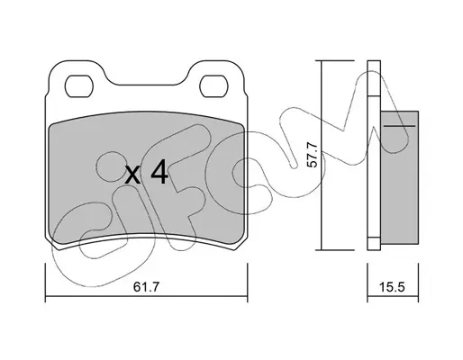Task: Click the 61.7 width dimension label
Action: tap(146, 287)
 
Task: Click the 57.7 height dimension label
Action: tap(313, 155)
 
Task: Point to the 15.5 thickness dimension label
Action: tap(393, 287)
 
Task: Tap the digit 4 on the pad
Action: tap(159, 172)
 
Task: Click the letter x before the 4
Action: tap(132, 175)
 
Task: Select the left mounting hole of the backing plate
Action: tap(79, 86)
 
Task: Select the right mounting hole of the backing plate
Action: tap(213, 86)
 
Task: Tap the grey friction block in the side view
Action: tap(399, 177)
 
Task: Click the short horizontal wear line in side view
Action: tap(400, 126)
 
